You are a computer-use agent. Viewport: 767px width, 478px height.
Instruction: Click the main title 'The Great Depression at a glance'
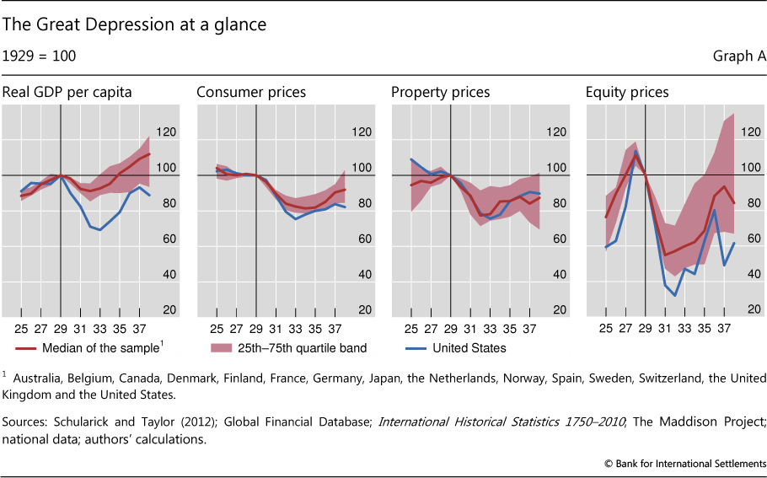point(133,25)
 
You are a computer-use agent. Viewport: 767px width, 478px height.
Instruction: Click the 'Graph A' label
point(739,56)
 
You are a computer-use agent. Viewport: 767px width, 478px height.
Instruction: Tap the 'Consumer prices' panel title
point(251,92)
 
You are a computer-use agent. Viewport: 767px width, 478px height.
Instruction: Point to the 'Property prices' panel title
point(441,92)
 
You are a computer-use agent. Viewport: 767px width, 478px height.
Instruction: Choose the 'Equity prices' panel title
point(627,92)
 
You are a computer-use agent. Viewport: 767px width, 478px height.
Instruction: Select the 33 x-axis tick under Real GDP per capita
point(100,328)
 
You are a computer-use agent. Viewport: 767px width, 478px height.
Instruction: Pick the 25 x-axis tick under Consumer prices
point(216,328)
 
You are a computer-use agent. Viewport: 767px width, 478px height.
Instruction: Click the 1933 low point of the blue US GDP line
point(100,229)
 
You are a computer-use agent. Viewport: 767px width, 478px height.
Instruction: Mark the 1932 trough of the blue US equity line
point(675,295)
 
